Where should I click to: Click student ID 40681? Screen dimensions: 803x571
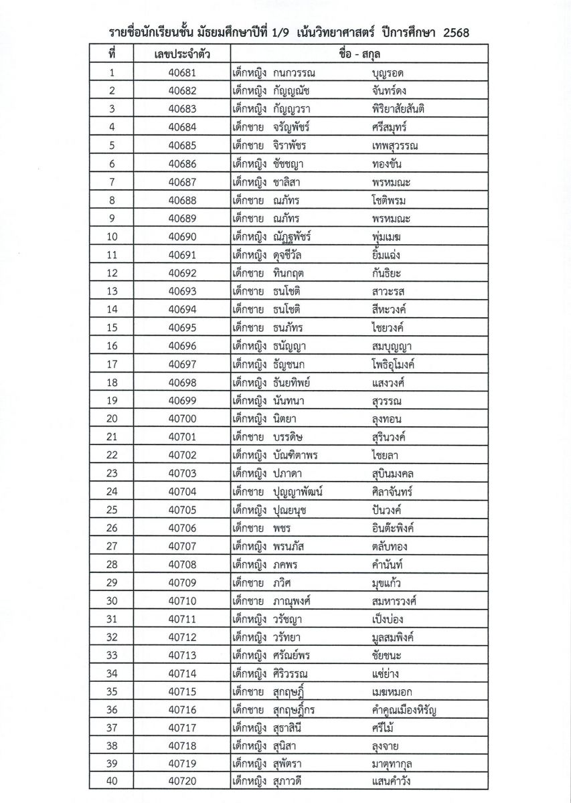[182, 72]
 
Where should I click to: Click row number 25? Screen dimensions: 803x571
[112, 510]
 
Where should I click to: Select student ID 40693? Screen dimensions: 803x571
[182, 291]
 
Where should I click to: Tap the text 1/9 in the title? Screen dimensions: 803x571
[281, 33]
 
